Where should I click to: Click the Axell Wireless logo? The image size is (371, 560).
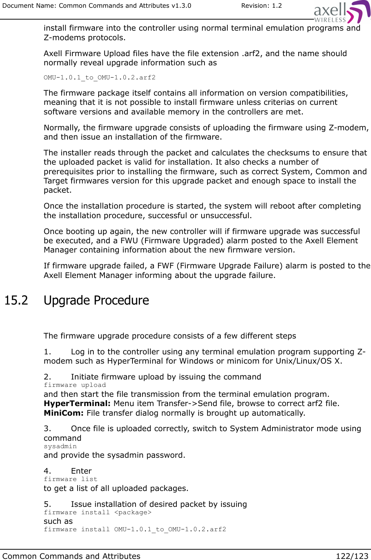(x=341, y=12)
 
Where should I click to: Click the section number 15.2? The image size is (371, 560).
(x=16, y=300)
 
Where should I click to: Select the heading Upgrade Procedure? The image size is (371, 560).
(x=96, y=300)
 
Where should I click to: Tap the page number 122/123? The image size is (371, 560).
(x=352, y=556)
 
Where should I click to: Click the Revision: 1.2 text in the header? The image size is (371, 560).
(x=261, y=6)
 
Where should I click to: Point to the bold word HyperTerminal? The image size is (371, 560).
(x=78, y=403)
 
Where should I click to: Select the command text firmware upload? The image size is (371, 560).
(x=75, y=385)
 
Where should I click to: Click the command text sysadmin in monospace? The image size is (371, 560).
(x=60, y=446)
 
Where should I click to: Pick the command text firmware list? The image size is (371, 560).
(x=71, y=479)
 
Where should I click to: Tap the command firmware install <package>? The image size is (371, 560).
(x=97, y=512)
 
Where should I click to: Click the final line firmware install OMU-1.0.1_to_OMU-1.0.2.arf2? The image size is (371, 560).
(x=135, y=529)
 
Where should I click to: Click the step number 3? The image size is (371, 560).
(x=47, y=429)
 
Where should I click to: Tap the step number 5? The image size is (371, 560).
(x=47, y=504)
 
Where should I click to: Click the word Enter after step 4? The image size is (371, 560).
(x=81, y=471)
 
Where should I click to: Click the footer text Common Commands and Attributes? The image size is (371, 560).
(x=71, y=556)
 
